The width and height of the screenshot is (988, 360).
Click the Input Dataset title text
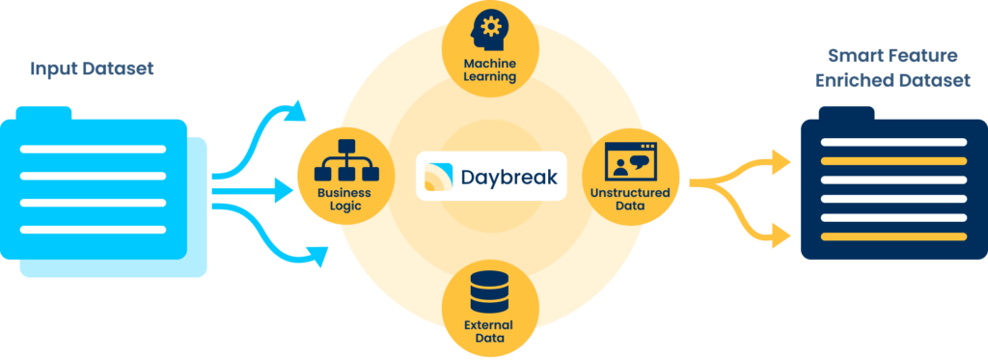[x=93, y=69]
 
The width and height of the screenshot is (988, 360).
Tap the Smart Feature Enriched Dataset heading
[x=892, y=70]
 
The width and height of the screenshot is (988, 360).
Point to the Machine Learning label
[x=490, y=69]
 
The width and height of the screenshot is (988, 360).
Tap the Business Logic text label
[x=343, y=200]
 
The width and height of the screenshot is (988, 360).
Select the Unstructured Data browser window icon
[x=630, y=161]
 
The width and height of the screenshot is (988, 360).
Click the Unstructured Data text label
[x=630, y=200]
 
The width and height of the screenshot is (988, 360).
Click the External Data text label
[x=489, y=333]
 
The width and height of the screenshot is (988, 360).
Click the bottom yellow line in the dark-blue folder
[x=892, y=236]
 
